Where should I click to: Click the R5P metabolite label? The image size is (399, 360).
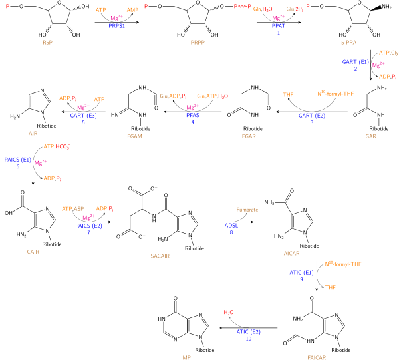pos(47,42)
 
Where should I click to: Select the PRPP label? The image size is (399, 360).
pos(198,42)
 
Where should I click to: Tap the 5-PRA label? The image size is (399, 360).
pos(348,42)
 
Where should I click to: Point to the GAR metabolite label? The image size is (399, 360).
pos(371,136)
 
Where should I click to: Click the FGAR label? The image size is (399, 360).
pos(249,136)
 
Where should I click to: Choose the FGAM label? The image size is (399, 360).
pos(134,136)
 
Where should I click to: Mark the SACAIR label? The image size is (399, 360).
pos(160,256)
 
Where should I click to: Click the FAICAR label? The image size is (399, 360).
pos(317,357)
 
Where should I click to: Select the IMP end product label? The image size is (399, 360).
pos(186,357)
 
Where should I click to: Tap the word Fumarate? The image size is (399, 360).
pos(247,210)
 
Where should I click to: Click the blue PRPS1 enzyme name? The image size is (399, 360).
pos(116,26)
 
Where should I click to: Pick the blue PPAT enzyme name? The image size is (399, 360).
pos(279,26)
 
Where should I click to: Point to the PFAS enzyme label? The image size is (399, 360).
pos(192,115)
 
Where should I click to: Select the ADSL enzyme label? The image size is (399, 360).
pos(231,226)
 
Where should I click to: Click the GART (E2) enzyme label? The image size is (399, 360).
pos(312,116)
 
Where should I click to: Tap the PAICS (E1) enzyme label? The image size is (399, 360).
pos(18,160)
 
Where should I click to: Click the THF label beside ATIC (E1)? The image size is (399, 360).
pos(331,288)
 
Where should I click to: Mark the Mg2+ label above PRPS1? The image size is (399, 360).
pos(117,18)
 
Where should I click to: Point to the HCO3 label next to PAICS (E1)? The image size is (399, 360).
pos(63,146)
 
